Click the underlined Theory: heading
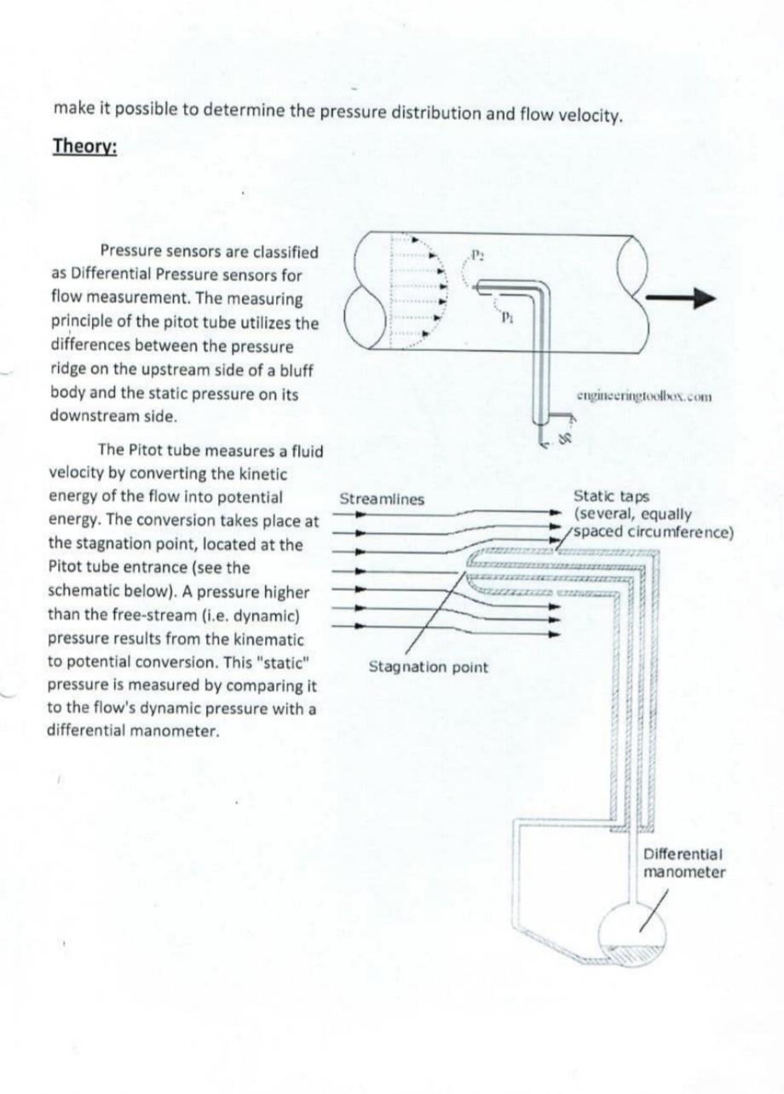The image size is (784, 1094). point(85,147)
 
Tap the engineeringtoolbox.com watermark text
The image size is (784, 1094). point(644,396)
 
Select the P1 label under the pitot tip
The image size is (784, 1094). point(505,317)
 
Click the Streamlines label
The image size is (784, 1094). point(381,499)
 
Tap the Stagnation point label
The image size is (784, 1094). point(428,667)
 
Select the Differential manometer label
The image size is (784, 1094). point(684,863)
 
